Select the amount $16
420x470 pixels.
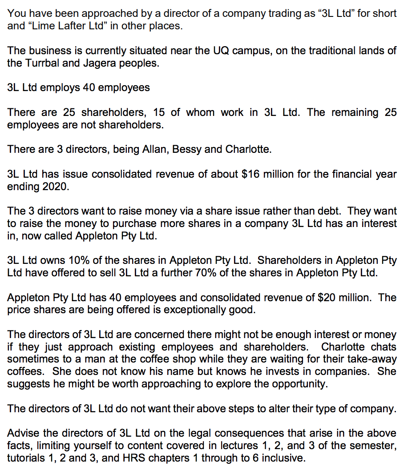(250, 174)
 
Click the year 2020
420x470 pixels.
(55, 187)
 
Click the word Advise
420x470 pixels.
(22, 433)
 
